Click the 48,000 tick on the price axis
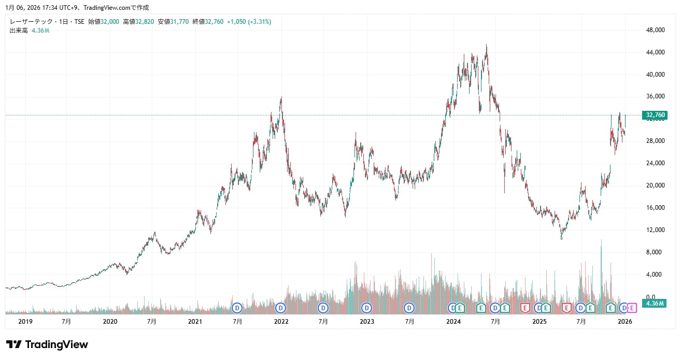656,30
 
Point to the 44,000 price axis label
656,52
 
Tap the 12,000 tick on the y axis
656,230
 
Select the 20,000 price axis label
656,185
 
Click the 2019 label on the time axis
25,322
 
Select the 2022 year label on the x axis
281,322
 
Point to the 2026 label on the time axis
625,322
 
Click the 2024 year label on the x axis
453,322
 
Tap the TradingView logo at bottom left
47,344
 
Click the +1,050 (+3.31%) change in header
249,22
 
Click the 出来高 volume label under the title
18,31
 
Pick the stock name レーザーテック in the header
32,22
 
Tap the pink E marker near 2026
632,308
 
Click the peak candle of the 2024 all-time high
486,46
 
